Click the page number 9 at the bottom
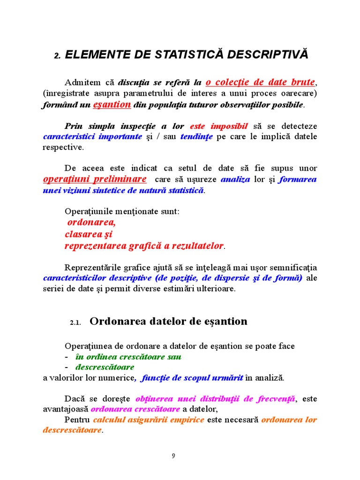click(x=173, y=456)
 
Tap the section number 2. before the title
click(x=57, y=55)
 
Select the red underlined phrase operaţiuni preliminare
click(x=94, y=179)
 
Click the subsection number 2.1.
click(x=76, y=322)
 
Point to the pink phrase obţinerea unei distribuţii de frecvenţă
click(x=216, y=399)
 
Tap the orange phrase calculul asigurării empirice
click(x=148, y=420)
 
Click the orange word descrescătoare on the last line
click(x=72, y=430)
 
